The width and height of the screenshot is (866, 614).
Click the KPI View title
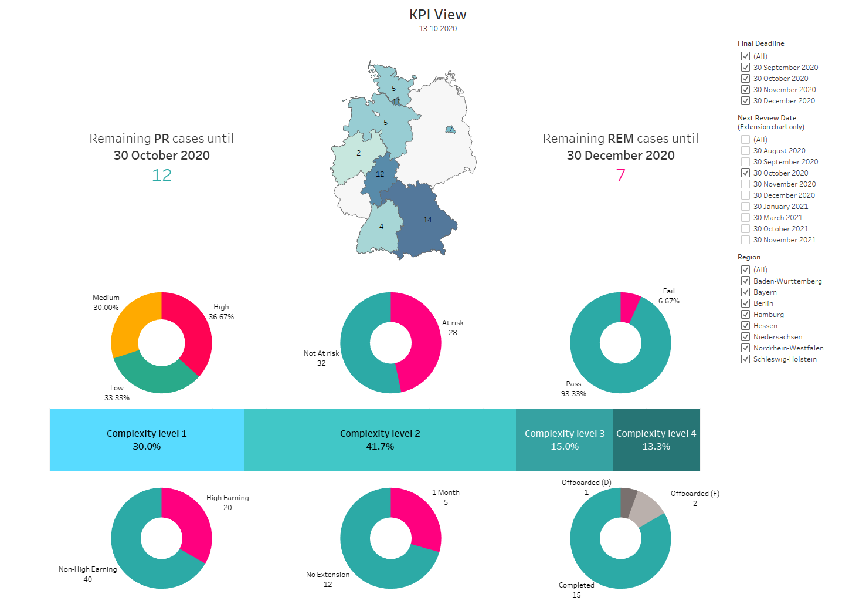pos(437,15)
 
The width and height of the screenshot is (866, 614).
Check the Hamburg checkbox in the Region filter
pos(745,315)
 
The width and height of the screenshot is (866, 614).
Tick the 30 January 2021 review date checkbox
pos(745,207)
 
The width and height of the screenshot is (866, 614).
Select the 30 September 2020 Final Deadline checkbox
pos(745,68)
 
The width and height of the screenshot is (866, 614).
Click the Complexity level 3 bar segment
pos(564,440)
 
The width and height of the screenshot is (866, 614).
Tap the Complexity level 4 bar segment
pos(656,440)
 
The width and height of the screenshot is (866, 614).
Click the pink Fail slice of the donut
pos(629,306)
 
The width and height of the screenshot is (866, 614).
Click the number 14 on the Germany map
pos(427,220)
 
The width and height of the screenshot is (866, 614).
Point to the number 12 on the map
pos(380,174)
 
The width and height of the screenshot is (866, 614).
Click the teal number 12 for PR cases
pos(162,176)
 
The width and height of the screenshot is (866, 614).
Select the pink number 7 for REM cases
pos(620,176)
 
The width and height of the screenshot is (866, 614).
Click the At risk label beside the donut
pos(453,323)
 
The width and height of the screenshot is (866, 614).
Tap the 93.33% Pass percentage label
pos(573,394)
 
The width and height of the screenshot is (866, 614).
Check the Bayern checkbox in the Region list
pos(745,292)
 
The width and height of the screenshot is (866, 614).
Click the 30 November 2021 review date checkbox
pos(745,240)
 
